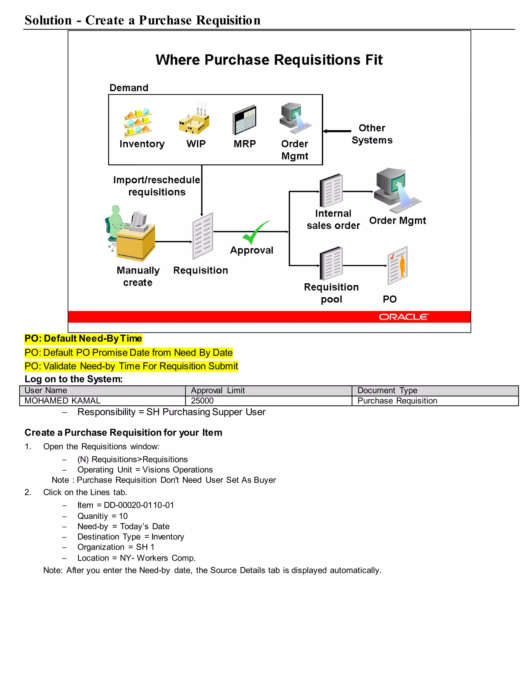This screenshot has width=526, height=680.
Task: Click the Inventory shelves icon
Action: point(138,123)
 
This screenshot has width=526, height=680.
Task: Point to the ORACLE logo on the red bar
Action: point(403,317)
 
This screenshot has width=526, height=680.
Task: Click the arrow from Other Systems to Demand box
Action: point(337,131)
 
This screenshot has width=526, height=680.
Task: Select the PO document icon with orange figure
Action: point(398,266)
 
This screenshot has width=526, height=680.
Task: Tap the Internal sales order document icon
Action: point(332,191)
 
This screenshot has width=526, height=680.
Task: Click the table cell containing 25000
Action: point(268,401)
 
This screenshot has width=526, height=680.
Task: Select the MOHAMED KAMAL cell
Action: point(102,401)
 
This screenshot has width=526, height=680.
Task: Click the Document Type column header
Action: point(435,391)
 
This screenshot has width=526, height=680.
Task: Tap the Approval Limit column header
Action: point(268,391)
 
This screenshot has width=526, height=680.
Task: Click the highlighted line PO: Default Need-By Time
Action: point(83,338)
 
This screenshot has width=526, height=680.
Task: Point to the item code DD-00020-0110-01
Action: point(139,505)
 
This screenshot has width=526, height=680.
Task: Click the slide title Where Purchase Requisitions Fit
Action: point(269,60)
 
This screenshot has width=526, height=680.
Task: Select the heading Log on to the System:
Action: point(73,379)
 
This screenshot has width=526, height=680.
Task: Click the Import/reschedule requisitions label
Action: point(157,186)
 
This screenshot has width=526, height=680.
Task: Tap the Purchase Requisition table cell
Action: point(435,401)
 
